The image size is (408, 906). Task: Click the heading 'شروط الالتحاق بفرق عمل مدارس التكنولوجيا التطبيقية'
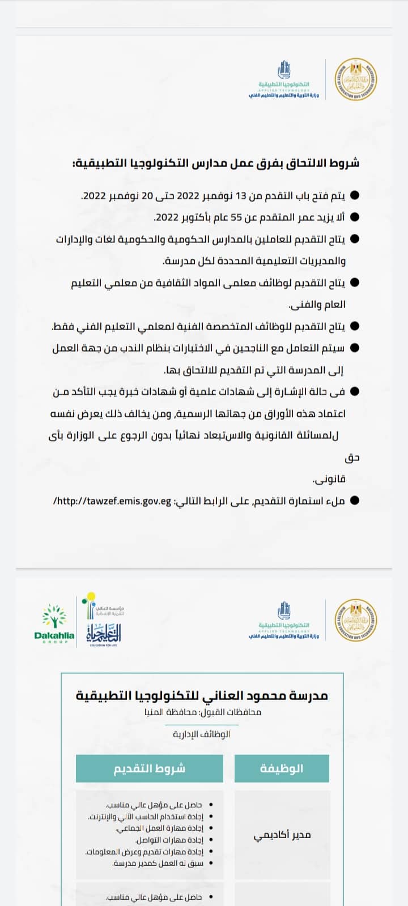tap(216, 163)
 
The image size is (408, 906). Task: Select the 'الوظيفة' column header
tap(282, 768)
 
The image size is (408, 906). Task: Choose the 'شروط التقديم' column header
tap(150, 768)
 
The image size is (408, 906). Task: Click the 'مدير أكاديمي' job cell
tap(282, 835)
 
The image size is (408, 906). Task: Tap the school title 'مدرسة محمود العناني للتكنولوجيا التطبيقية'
tap(202, 695)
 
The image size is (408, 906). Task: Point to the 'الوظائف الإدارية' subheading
tap(202, 734)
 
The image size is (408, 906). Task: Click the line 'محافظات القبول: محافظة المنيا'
tap(202, 712)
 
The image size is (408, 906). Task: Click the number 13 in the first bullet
tap(241, 196)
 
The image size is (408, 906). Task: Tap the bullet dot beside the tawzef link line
tap(355, 501)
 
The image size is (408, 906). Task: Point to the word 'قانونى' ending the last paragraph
tap(329, 479)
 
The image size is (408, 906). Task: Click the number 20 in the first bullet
tap(147, 196)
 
